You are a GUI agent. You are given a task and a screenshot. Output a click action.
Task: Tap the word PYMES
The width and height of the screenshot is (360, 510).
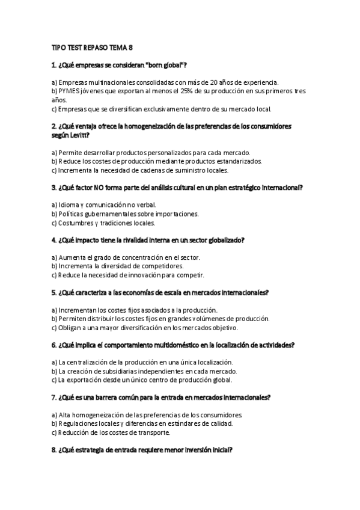point(68,91)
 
